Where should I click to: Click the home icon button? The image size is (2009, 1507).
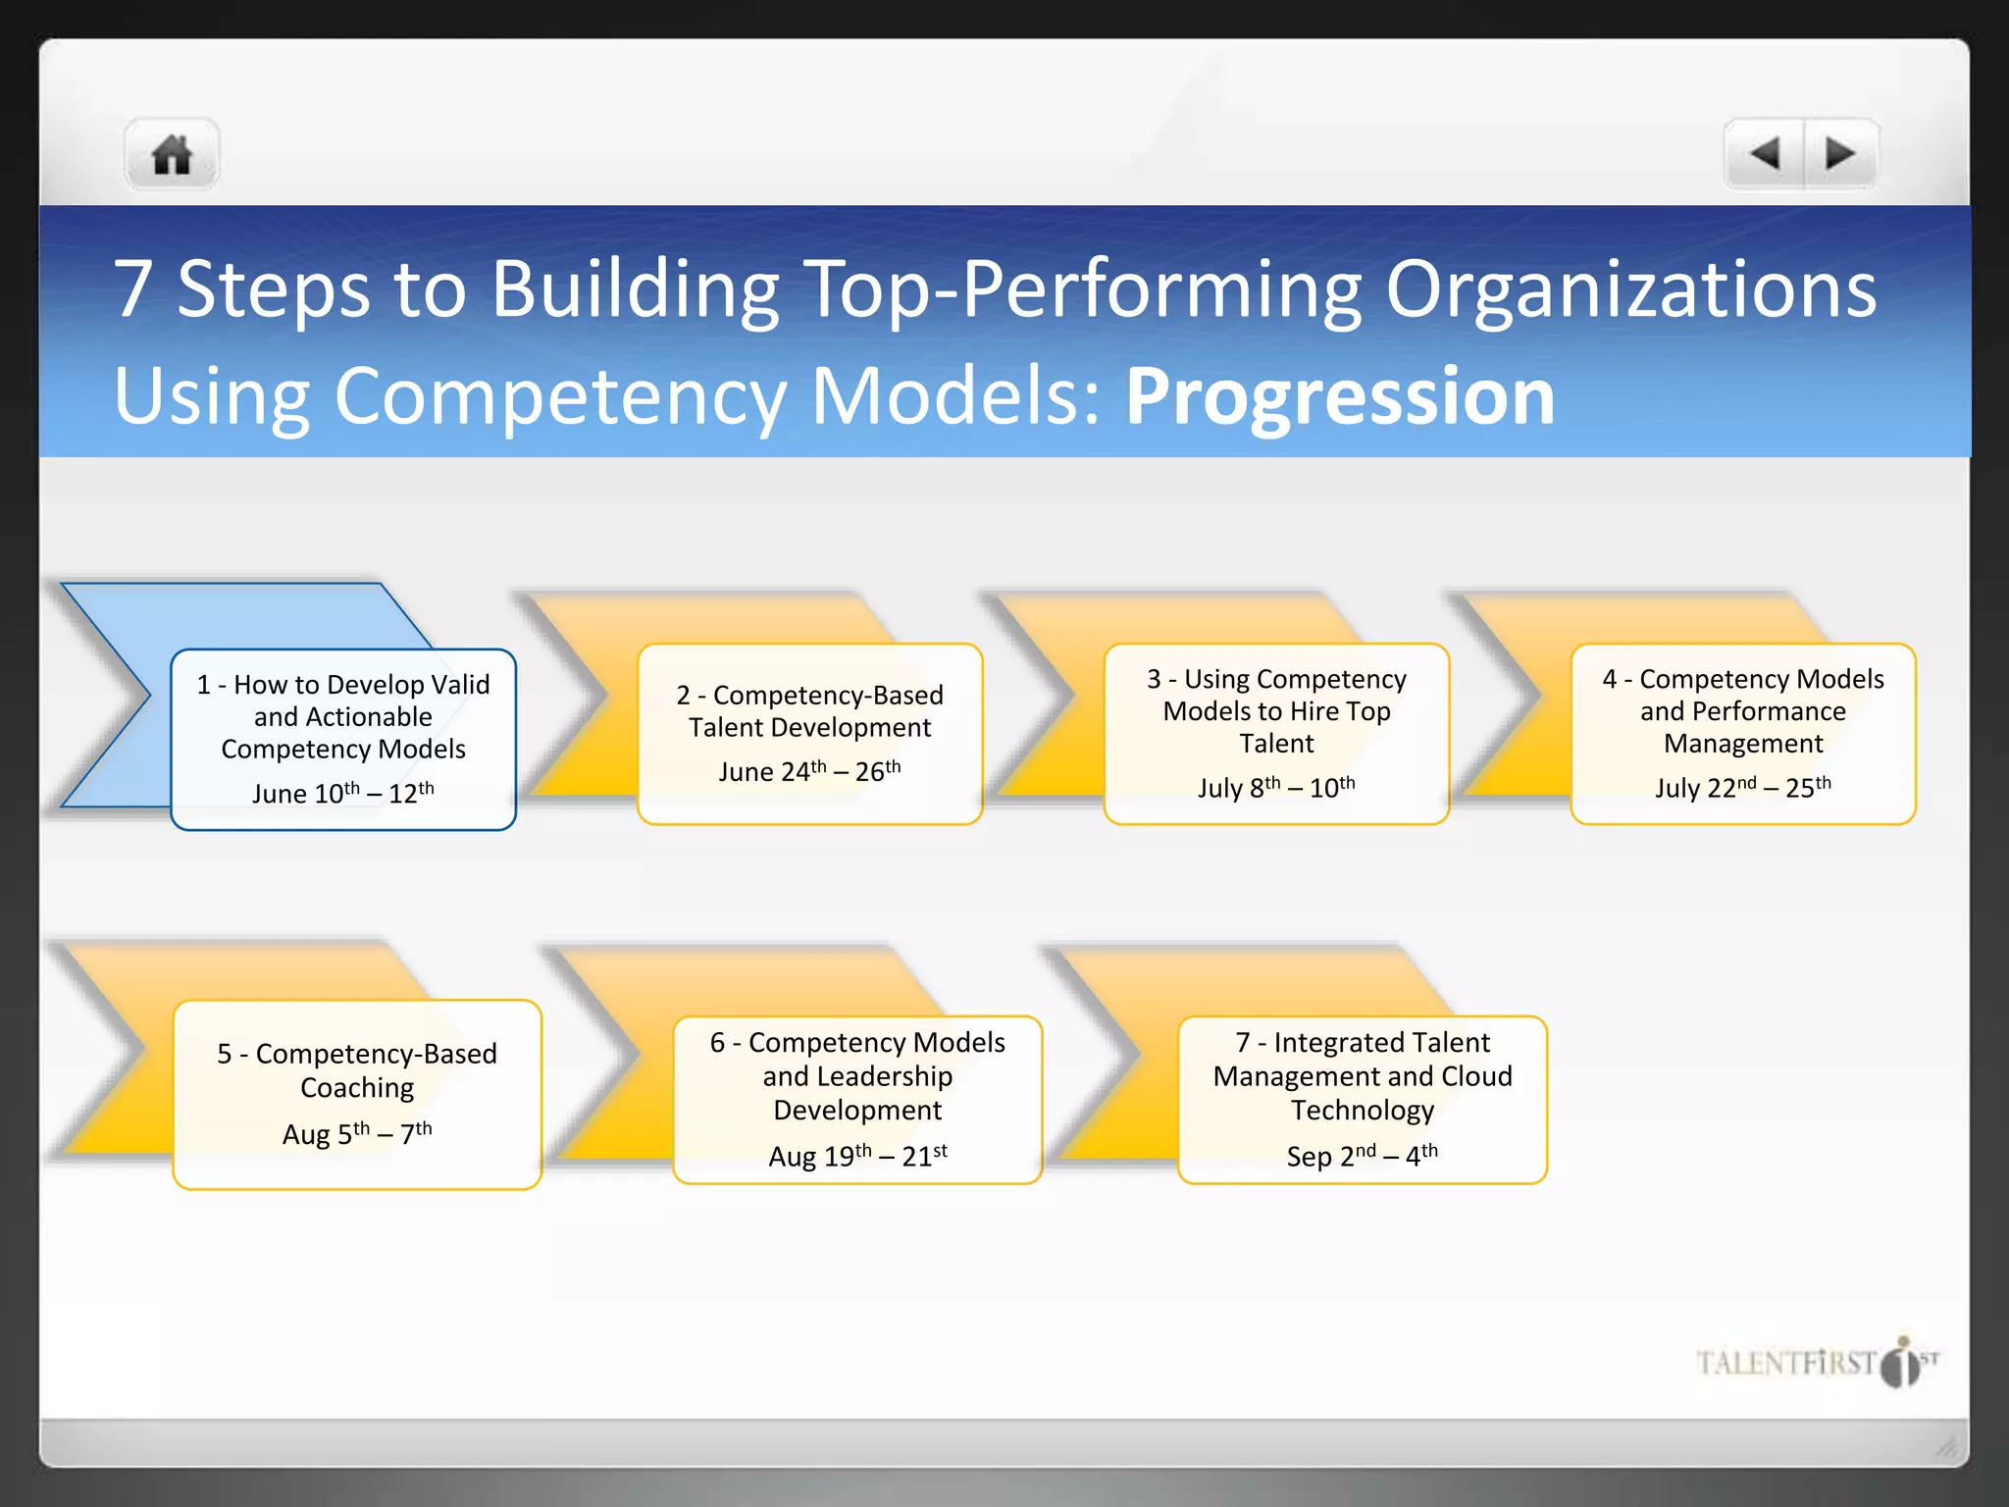coord(172,155)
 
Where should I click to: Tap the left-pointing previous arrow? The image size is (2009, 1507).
coord(1765,154)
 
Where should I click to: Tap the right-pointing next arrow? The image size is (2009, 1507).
coord(1840,154)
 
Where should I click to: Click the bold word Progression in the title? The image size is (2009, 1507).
coord(1340,395)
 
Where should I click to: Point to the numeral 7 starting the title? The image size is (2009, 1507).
coord(133,289)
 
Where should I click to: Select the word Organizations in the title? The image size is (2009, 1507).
coord(1630,289)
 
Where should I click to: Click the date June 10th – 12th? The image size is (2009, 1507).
coord(342,793)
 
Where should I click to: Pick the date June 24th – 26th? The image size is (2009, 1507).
coord(809,771)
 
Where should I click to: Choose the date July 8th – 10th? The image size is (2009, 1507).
coord(1276,788)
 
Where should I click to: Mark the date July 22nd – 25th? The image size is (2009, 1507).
coord(1742,788)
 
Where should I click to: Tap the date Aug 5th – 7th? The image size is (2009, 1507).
coord(357,1134)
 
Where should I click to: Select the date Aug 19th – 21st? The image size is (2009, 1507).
coord(857,1156)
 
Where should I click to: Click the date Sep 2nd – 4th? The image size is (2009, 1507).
coord(1362,1156)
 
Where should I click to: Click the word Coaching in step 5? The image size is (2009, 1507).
coord(357,1088)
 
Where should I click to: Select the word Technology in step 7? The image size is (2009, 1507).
coord(1362,1111)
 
